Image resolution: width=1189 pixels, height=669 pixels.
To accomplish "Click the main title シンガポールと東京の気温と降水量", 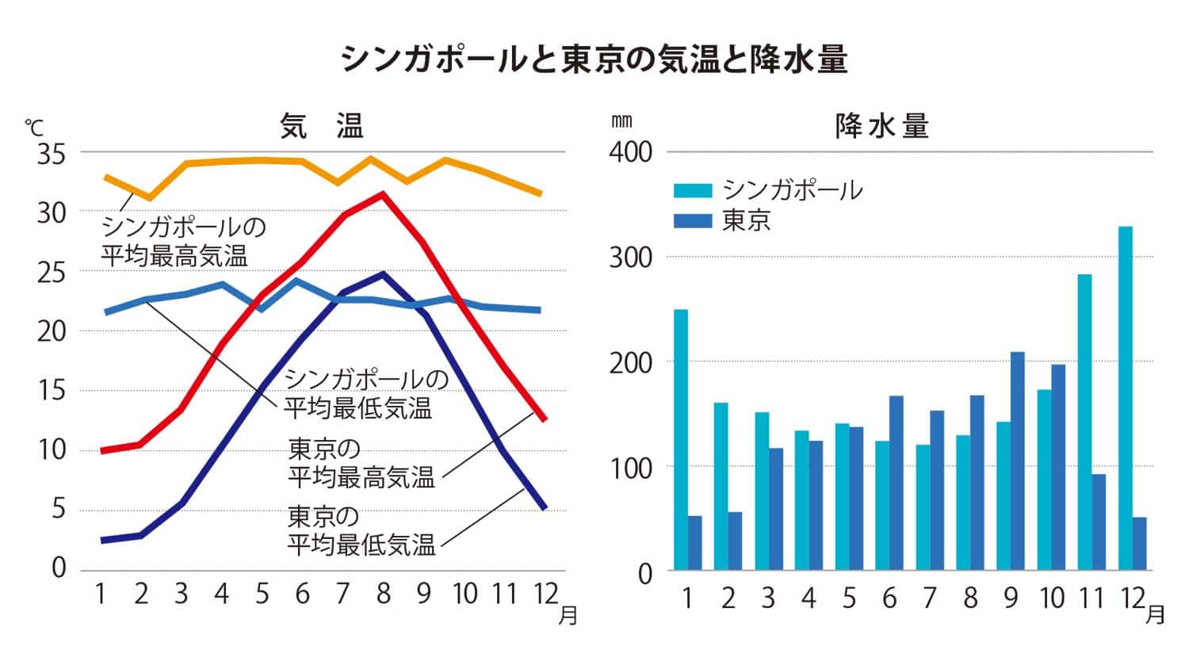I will pyautogui.click(x=594, y=59).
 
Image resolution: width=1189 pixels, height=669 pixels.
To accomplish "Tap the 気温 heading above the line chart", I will pyautogui.click(x=322, y=126).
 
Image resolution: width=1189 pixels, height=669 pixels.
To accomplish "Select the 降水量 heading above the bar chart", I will pyautogui.click(x=881, y=126).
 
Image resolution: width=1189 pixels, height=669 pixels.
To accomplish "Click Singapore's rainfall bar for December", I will pyautogui.click(x=1126, y=398).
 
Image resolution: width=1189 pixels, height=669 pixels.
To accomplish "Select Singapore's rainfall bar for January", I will pyautogui.click(x=681, y=439).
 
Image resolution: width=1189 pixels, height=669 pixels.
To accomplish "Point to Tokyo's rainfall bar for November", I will pyautogui.click(x=1099, y=522).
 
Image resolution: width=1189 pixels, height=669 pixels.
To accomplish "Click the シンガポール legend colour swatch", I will pyautogui.click(x=694, y=190).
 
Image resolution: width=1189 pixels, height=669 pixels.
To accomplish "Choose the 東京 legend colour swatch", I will pyautogui.click(x=694, y=220).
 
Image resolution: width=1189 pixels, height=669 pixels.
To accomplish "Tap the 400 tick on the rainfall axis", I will pyautogui.click(x=630, y=151).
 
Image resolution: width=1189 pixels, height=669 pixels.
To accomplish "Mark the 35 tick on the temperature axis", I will pyautogui.click(x=52, y=154).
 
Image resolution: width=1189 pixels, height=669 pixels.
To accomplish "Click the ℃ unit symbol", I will pyautogui.click(x=34, y=128).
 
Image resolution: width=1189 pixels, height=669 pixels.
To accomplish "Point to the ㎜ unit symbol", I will pyautogui.click(x=621, y=121).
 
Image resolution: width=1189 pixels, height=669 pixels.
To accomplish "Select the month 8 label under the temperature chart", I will pyautogui.click(x=384, y=594).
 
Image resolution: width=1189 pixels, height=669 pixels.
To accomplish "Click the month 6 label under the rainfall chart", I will pyautogui.click(x=889, y=598).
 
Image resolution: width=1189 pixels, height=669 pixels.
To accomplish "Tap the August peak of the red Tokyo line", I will pyautogui.click(x=383, y=193).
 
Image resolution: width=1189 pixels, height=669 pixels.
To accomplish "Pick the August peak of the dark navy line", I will pyautogui.click(x=383, y=273).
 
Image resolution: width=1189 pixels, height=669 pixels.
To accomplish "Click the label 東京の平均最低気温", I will pyautogui.click(x=361, y=531).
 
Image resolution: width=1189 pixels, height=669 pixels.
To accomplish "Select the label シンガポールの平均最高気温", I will pyautogui.click(x=184, y=241).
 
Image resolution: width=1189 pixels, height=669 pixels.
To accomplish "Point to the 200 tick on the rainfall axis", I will pyautogui.click(x=630, y=362).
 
